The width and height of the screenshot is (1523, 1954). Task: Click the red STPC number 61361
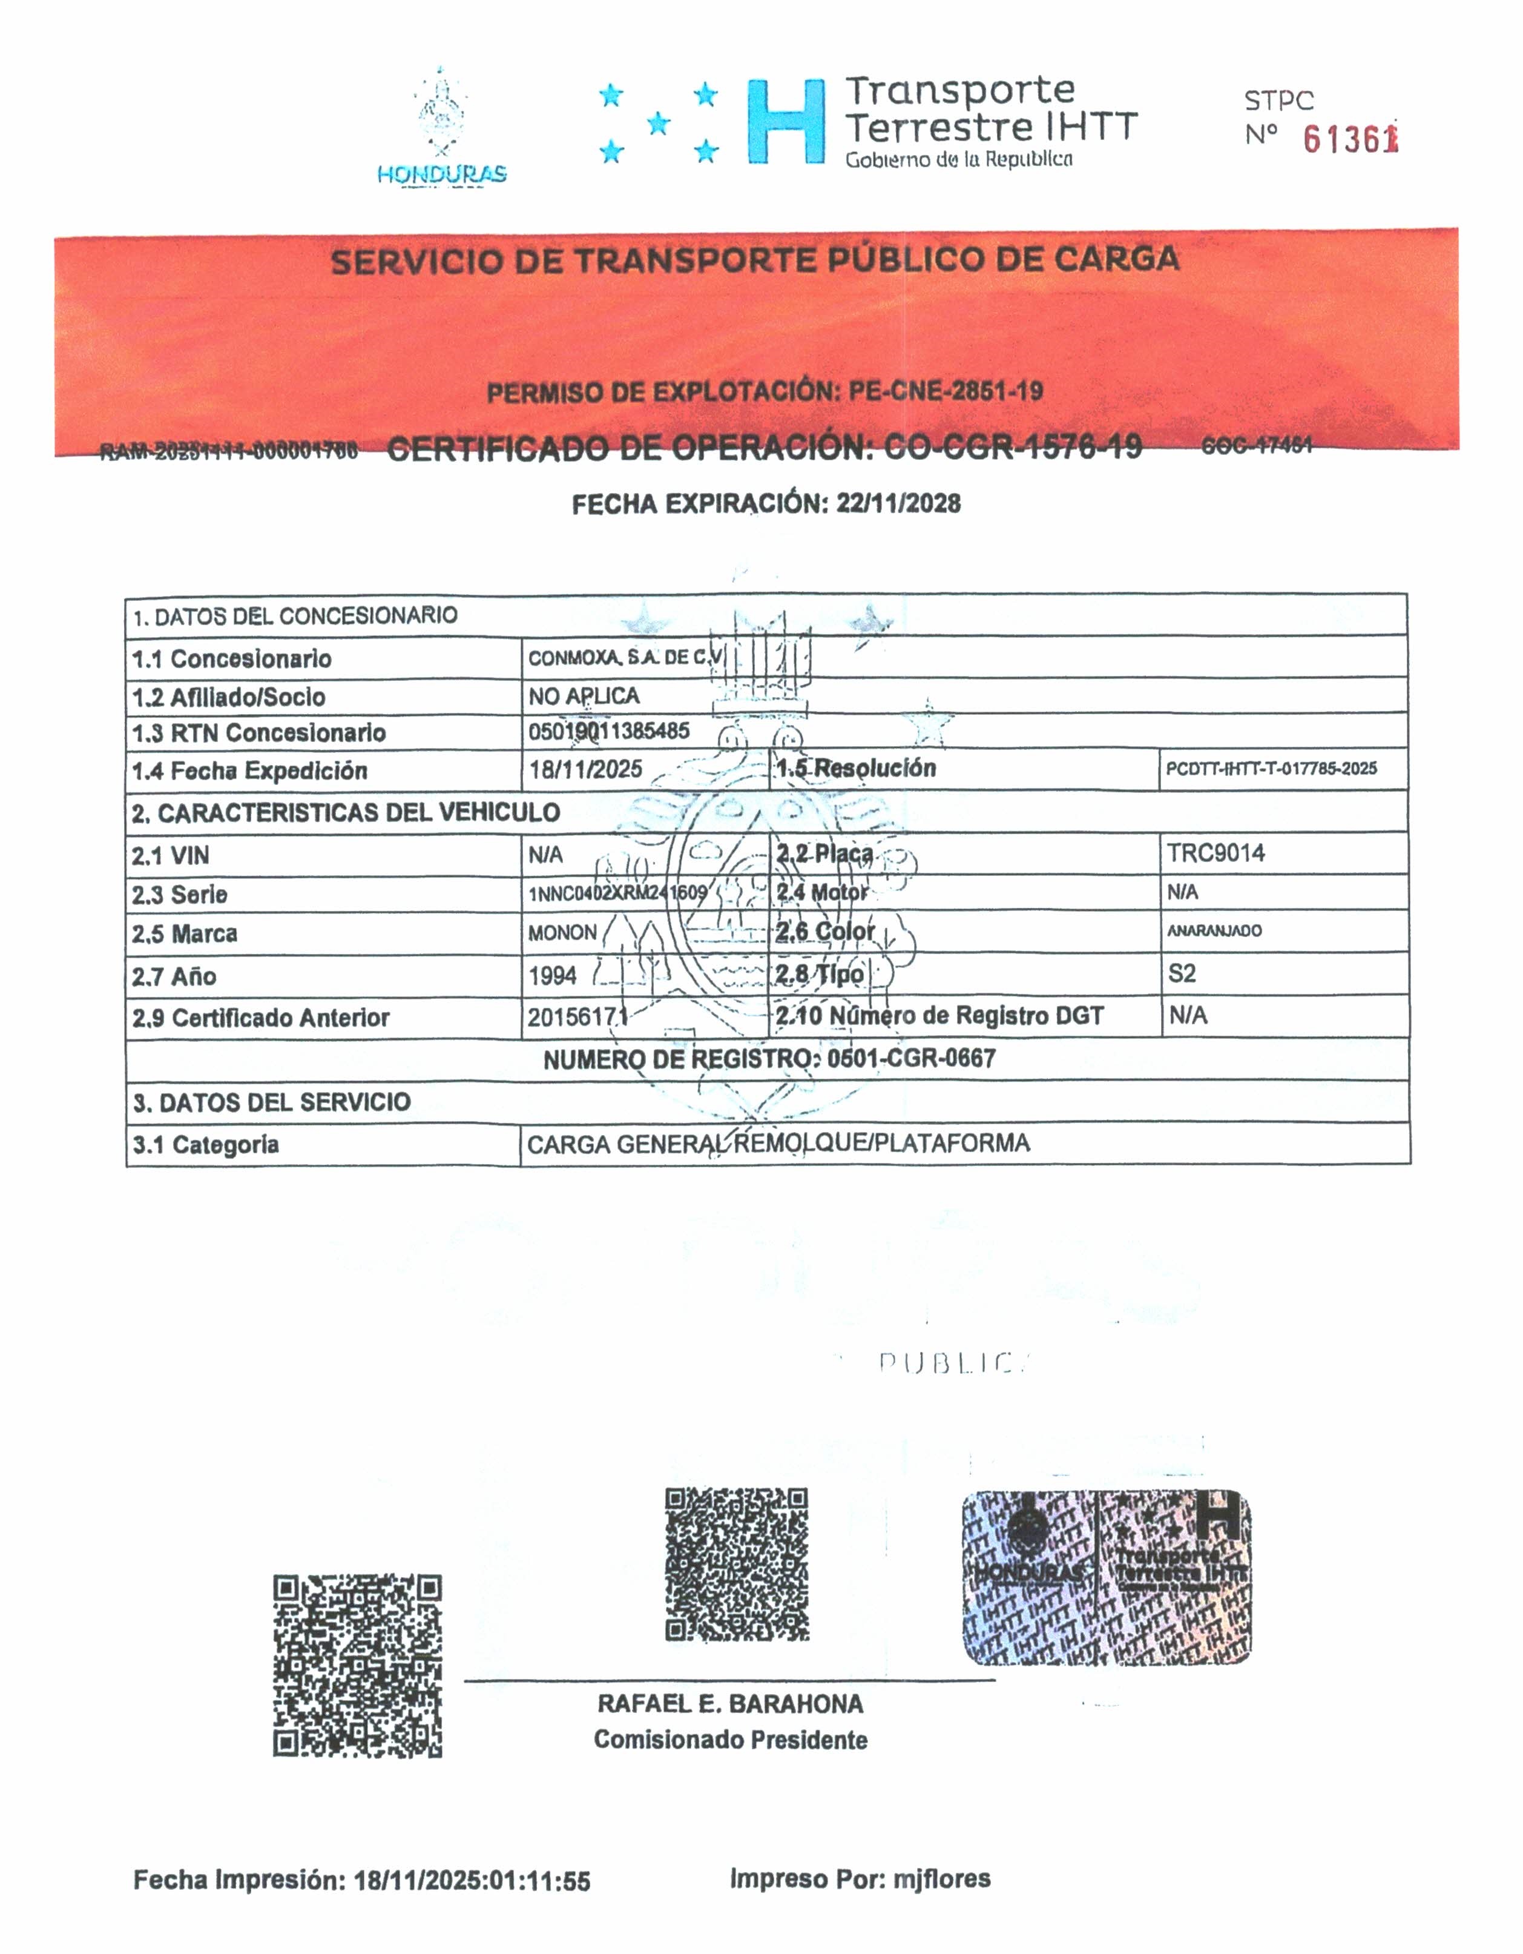click(x=1349, y=139)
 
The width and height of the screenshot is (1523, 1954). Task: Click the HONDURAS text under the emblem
click(x=442, y=174)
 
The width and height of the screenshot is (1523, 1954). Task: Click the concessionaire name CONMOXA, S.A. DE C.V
click(x=624, y=658)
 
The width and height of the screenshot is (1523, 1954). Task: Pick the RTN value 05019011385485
click(x=608, y=731)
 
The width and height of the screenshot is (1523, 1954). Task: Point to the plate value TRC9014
click(x=1215, y=853)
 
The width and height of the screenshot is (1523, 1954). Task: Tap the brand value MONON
click(x=562, y=933)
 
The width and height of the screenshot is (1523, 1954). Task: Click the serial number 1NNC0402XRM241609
click(x=617, y=893)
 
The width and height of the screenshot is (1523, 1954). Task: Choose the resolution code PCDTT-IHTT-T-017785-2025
click(x=1271, y=769)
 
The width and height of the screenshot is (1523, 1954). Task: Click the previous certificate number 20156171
click(x=577, y=1017)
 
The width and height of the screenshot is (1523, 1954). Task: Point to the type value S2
click(x=1182, y=973)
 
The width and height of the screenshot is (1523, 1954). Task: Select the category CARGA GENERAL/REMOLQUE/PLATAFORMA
click(x=778, y=1144)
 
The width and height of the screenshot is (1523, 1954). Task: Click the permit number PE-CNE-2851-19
click(x=946, y=391)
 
